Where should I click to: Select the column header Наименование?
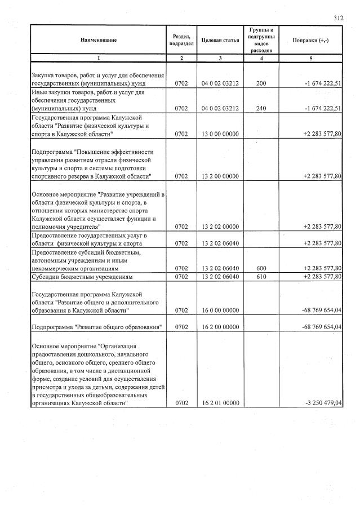pyautogui.click(x=98, y=40)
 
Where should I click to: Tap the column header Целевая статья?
pyautogui.click(x=220, y=40)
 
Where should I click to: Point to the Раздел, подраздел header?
pyautogui.click(x=181, y=40)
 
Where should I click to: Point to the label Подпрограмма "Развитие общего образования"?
pyautogui.click(x=96, y=327)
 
